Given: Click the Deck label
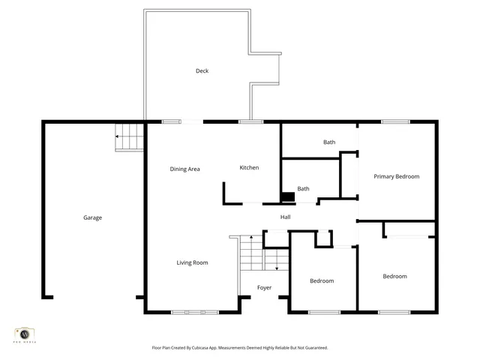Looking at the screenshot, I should pyautogui.click(x=202, y=71).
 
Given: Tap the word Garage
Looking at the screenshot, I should pyautogui.click(x=92, y=217).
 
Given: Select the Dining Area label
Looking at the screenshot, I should pyautogui.click(x=184, y=169).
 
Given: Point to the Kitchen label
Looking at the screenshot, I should pyautogui.click(x=249, y=168).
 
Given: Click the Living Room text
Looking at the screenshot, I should pyautogui.click(x=192, y=262).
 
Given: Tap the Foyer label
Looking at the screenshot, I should pyautogui.click(x=264, y=288).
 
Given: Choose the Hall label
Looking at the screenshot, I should pyautogui.click(x=285, y=217).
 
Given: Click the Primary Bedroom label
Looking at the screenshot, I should pyautogui.click(x=396, y=176).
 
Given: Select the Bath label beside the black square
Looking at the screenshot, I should pyautogui.click(x=303, y=189).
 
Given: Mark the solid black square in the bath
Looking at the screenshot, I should pyautogui.click(x=287, y=197).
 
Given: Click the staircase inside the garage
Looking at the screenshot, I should pyautogui.click(x=130, y=137).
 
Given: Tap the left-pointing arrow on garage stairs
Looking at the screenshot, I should pyautogui.click(x=118, y=136).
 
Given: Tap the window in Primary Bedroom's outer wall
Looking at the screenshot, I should pyautogui.click(x=395, y=121).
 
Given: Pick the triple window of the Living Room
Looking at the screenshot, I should pyautogui.click(x=194, y=312).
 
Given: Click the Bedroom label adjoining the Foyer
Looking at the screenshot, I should pyautogui.click(x=322, y=280).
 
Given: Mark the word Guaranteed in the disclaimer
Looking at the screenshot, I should pyautogui.click(x=314, y=348).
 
